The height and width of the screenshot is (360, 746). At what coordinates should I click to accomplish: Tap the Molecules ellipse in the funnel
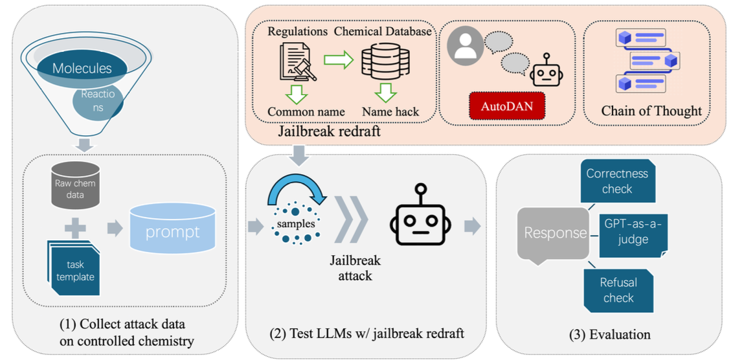tap(82, 68)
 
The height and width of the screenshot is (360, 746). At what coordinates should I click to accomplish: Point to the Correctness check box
tap(617, 181)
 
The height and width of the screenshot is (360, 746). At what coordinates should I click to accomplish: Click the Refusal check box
tap(618, 290)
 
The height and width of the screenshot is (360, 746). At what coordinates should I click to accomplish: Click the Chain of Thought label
tap(651, 111)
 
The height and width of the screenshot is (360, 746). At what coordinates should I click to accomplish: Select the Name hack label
tap(390, 111)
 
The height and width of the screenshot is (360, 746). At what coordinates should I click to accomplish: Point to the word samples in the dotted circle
tap(296, 224)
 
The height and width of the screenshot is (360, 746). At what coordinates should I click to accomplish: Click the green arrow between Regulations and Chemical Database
tap(338, 61)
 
